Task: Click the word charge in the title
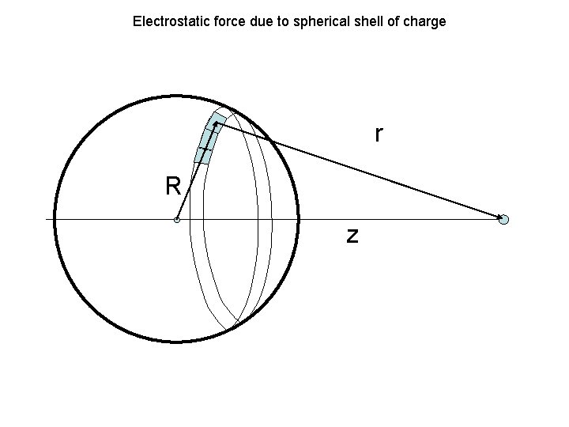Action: click(424, 21)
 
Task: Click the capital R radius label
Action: click(173, 187)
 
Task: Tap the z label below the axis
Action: click(352, 234)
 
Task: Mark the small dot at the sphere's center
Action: click(177, 219)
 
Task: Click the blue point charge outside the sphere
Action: click(504, 219)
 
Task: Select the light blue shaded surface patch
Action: click(208, 138)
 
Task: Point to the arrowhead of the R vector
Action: click(214, 123)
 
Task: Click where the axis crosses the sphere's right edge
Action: click(299, 218)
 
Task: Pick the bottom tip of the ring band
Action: click(232, 327)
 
